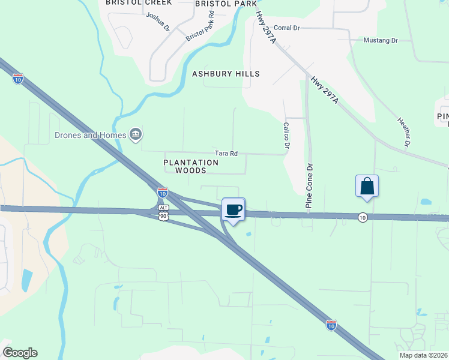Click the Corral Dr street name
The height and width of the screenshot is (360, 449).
click(x=286, y=28)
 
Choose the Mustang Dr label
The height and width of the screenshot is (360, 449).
click(x=381, y=40)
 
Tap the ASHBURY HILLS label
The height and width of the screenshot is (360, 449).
click(x=226, y=74)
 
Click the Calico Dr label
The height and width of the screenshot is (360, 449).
click(x=287, y=137)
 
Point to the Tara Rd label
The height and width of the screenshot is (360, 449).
click(x=227, y=154)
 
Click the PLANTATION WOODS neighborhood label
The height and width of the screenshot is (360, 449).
click(x=191, y=166)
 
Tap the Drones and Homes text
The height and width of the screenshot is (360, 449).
click(x=90, y=135)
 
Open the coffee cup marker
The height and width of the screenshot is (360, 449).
click(x=234, y=211)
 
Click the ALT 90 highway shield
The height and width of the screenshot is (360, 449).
click(x=163, y=212)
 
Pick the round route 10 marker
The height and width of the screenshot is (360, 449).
click(x=363, y=217)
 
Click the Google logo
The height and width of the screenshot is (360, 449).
click(x=20, y=353)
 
